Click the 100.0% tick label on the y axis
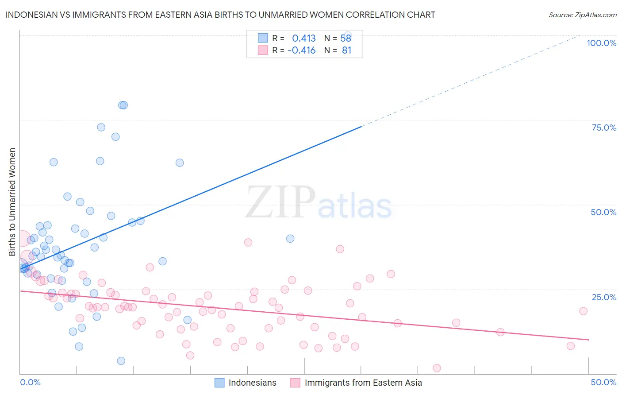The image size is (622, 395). (x=601, y=43)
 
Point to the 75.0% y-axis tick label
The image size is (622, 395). (x=604, y=128)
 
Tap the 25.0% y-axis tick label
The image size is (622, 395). (x=604, y=297)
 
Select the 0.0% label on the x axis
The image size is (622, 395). (x=30, y=382)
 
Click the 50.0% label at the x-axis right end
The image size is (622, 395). (x=603, y=382)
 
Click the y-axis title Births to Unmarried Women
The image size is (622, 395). (x=12, y=202)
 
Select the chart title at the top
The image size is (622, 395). (x=220, y=15)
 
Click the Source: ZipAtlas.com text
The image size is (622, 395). (x=582, y=15)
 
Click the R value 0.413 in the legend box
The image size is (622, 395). (x=304, y=38)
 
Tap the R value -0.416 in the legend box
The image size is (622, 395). (x=302, y=50)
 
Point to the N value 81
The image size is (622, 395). (x=346, y=50)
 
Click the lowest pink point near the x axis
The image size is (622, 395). (x=437, y=368)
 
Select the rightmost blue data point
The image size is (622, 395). (x=290, y=238)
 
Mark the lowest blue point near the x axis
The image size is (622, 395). (x=121, y=361)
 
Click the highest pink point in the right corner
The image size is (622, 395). (x=583, y=311)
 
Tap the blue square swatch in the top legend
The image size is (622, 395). (x=263, y=38)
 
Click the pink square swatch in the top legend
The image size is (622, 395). (x=263, y=50)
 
